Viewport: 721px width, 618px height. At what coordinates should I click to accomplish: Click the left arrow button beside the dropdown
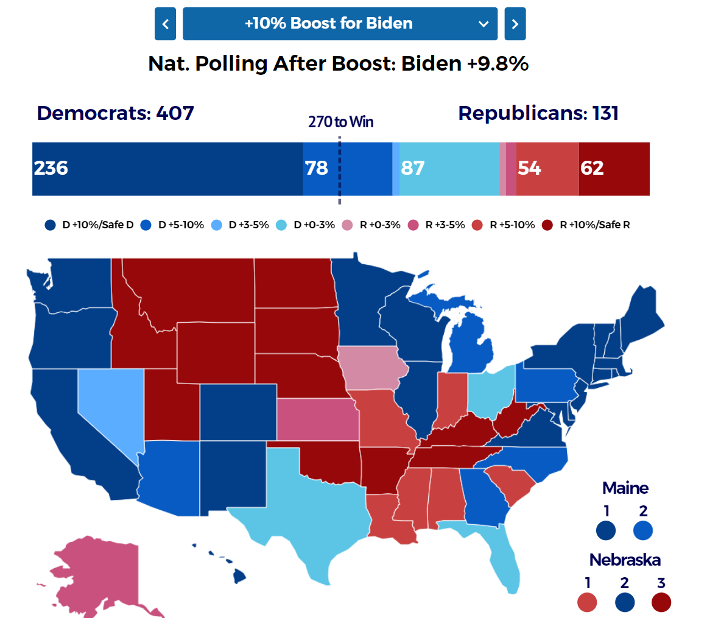pos(165,24)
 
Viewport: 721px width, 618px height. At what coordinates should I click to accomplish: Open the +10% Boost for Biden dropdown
pos(340,24)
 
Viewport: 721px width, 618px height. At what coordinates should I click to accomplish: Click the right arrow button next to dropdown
pos(515,24)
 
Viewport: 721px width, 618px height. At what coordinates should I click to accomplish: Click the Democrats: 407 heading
pos(115,113)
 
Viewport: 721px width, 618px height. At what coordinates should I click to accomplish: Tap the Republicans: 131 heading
pos(538,113)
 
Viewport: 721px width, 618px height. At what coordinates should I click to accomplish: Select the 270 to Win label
pos(340,122)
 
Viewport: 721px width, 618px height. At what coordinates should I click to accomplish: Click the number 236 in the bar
pos(51,168)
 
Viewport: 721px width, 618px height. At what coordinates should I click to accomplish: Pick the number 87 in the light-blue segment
pos(413,168)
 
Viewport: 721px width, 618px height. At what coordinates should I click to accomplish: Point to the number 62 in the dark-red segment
pos(592,168)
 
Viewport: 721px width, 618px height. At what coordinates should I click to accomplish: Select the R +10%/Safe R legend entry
pos(587,225)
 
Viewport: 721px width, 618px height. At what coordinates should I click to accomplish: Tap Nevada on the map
pos(107,402)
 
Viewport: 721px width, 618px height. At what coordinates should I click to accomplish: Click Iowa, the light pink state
pos(367,368)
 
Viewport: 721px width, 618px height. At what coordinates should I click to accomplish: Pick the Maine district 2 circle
pos(643,530)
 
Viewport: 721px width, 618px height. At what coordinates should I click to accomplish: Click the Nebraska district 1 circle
pos(587,603)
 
